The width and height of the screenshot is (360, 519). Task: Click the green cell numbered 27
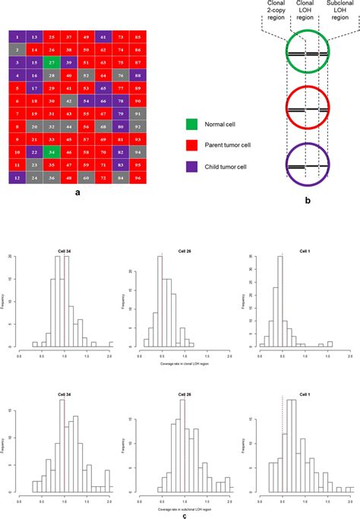pos(51,62)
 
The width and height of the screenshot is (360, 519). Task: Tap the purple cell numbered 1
pos(16,36)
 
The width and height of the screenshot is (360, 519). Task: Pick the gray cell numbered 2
pos(16,49)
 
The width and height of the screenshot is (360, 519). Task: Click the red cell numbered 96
pos(137,179)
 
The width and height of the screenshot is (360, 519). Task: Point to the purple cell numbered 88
pos(137,75)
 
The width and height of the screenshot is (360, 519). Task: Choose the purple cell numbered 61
pos(103,36)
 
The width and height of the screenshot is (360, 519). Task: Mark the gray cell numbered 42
pos(68,101)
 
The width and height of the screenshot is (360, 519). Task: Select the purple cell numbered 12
pos(16,179)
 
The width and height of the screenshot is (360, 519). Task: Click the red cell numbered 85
pos(137,36)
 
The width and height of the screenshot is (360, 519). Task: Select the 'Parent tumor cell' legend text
pos(232,143)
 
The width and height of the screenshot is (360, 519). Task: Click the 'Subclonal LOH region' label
pos(338,11)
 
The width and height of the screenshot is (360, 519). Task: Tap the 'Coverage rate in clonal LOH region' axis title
pos(179,355)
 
